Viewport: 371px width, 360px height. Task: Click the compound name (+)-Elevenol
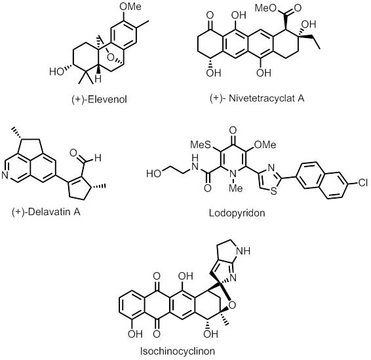99,99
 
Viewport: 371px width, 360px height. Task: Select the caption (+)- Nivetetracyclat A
257,98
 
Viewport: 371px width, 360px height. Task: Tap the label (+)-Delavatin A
46,211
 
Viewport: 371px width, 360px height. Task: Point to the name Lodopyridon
237,212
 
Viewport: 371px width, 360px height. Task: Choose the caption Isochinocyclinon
178,351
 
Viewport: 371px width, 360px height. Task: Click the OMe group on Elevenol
130,7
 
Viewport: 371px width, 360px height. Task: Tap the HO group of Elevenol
57,71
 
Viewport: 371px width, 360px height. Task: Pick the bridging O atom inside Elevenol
110,57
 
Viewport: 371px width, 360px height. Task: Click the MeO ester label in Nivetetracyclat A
266,9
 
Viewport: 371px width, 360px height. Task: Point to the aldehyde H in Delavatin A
98,157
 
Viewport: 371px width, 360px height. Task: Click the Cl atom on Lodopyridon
362,182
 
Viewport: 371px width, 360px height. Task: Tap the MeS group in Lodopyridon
201,145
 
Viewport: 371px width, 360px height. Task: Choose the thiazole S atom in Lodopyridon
273,191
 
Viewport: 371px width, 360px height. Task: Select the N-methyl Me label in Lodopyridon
236,188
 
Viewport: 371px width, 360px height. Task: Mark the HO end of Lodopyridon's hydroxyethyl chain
154,174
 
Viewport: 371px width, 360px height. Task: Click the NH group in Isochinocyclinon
243,251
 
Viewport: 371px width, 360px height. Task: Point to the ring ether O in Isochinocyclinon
232,306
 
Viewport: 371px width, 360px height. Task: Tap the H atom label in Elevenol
98,79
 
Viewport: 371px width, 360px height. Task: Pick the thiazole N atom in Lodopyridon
271,168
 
